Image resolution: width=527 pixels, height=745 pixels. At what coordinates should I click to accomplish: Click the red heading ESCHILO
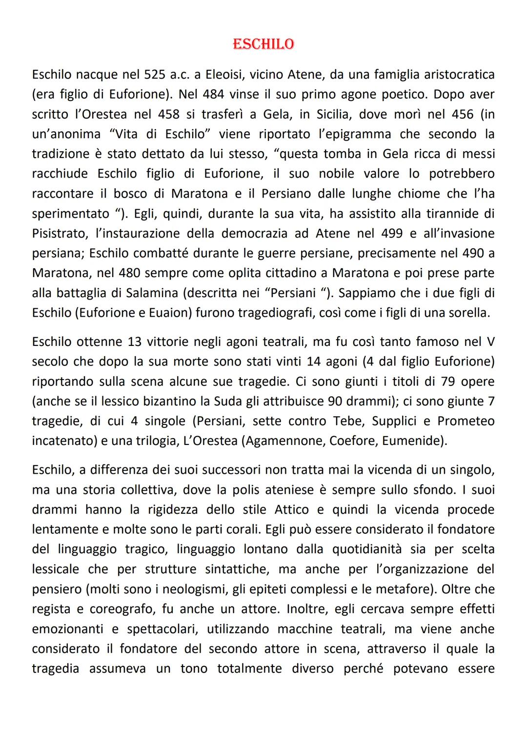[263, 44]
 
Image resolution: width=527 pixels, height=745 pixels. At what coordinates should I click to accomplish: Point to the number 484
[214, 94]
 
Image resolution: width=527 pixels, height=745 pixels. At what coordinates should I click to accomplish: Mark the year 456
[463, 114]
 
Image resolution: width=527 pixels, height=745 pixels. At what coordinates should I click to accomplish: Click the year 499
[392, 233]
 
